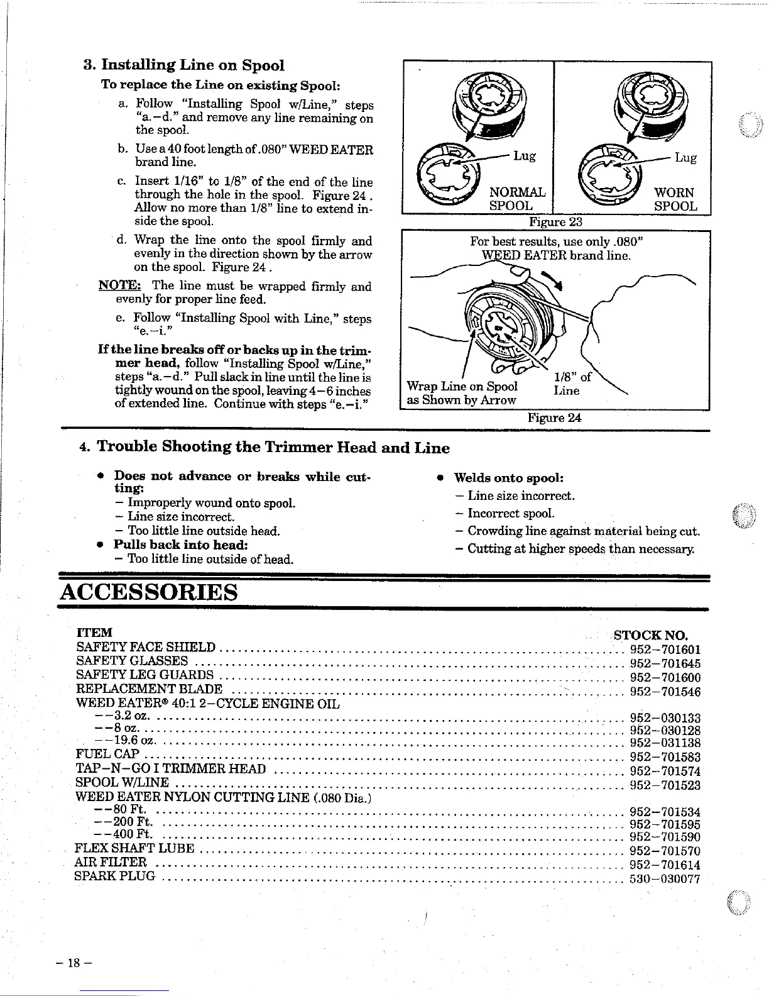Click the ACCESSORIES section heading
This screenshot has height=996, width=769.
click(149, 592)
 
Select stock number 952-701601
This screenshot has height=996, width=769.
click(665, 650)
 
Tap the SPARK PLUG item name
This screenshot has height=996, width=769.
click(115, 876)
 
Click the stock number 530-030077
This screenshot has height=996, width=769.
click(665, 879)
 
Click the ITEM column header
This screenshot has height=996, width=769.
click(94, 633)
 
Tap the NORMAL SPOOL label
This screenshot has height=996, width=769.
click(516, 199)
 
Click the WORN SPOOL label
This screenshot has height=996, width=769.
click(675, 199)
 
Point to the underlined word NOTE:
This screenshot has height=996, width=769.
click(117, 286)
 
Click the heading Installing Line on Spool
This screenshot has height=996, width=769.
click(192, 65)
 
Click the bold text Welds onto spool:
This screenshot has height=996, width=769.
click(508, 477)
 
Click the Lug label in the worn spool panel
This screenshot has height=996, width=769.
click(685, 158)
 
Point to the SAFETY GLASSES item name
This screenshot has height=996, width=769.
click(132, 661)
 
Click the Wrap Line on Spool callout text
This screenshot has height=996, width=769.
click(462, 386)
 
